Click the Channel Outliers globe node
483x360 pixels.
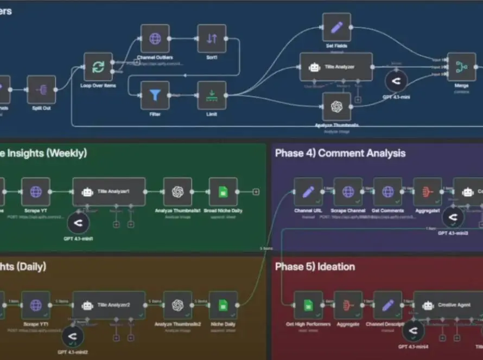[155, 38]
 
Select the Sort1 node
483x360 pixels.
[212, 38]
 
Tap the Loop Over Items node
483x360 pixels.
[98, 67]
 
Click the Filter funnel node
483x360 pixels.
[155, 95]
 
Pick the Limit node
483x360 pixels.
[212, 95]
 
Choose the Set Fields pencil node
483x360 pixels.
[336, 27]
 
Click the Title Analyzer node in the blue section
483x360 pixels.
[336, 67]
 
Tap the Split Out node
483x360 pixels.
[41, 89]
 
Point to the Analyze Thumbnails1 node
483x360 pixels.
[177, 191]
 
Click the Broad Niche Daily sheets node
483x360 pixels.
[223, 191]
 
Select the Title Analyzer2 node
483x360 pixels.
[109, 305]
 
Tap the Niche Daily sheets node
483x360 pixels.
[223, 305]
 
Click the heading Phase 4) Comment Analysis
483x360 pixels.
[340, 153]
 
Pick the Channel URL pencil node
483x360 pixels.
[308, 191]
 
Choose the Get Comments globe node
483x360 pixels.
[387, 191]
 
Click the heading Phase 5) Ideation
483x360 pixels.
[315, 267]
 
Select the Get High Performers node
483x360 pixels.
[308, 305]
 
